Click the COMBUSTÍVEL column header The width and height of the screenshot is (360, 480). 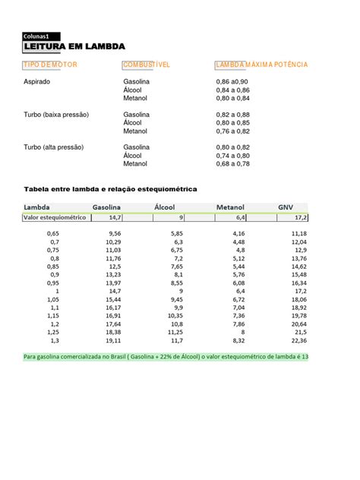click(x=147, y=65)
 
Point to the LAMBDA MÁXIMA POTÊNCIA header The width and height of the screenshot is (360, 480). click(x=262, y=65)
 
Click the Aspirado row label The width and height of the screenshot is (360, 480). click(x=37, y=81)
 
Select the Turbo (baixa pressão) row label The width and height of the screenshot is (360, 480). click(x=57, y=114)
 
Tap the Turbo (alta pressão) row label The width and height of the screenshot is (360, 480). click(x=54, y=147)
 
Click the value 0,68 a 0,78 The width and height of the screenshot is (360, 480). click(x=232, y=163)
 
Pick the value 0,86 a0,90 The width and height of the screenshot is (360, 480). click(x=232, y=81)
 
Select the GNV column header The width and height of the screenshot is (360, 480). click(x=286, y=206)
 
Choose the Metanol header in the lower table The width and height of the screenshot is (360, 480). click(x=230, y=206)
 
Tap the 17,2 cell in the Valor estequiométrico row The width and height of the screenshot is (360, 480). click(x=300, y=217)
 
